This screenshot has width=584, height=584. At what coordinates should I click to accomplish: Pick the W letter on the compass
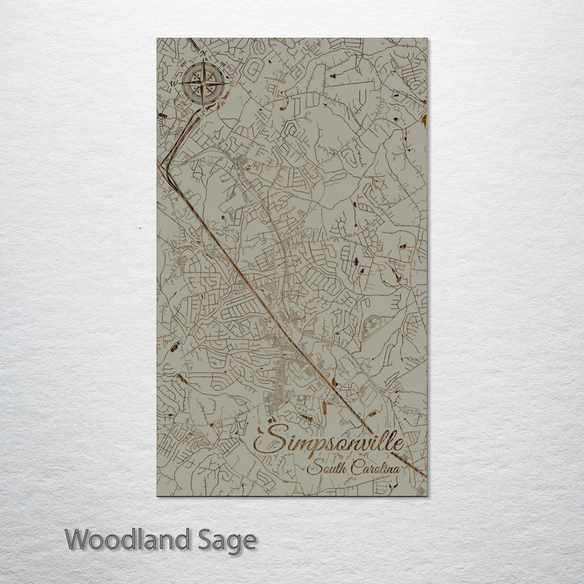pos(173,83)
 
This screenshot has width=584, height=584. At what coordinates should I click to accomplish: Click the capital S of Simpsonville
pos(269,440)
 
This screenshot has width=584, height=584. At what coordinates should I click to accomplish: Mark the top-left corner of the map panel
pos(157,38)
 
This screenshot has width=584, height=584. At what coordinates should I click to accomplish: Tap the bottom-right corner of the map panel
pos(427,496)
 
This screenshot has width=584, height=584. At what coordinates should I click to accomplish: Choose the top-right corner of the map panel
pos(427,38)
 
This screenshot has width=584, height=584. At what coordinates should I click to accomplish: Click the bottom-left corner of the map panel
pos(157,496)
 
